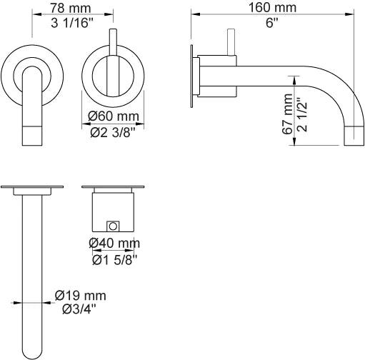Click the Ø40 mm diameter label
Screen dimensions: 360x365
(114, 244)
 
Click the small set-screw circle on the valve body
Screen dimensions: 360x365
(112, 226)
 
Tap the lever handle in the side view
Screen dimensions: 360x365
(231, 41)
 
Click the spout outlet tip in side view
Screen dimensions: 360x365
(354, 134)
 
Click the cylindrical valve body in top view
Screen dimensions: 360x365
(113, 211)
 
